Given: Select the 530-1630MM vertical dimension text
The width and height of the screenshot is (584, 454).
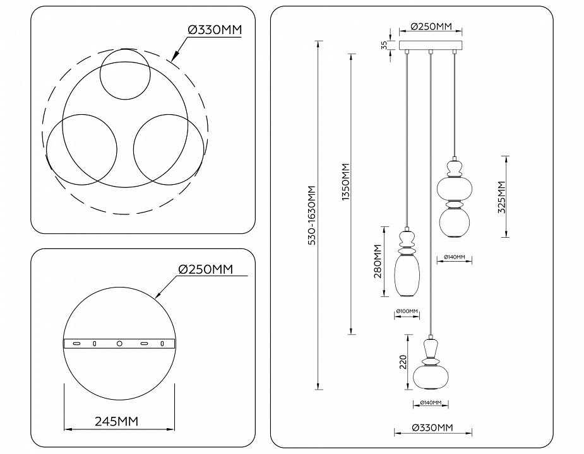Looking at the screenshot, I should pyautogui.click(x=311, y=216).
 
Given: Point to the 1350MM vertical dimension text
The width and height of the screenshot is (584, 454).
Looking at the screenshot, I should pyautogui.click(x=345, y=183).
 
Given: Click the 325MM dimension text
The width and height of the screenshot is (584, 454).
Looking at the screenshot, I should pyautogui.click(x=502, y=197).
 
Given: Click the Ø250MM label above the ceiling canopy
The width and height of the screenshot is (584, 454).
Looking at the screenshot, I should pyautogui.click(x=431, y=26).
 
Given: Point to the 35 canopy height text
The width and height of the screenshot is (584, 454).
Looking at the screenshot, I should pyautogui.click(x=384, y=46).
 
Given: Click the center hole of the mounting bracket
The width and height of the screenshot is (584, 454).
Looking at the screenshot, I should pyautogui.click(x=119, y=344).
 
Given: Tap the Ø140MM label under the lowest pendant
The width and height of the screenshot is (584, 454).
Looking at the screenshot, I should pyautogui.click(x=430, y=402).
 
